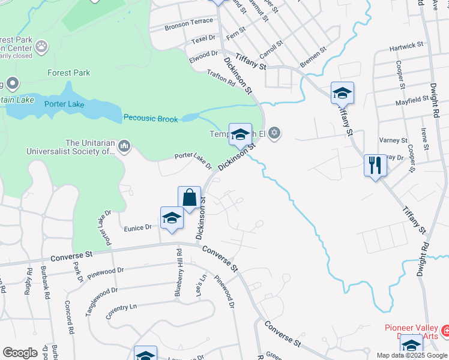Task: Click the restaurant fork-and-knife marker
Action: (375, 165)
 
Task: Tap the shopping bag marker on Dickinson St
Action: (189, 197)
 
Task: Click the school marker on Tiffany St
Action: (342, 92)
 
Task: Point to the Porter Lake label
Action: (64, 104)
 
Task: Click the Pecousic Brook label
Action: (151, 119)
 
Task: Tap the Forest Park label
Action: (69, 73)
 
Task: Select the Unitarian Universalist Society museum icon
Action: (125, 146)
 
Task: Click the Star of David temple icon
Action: (274, 133)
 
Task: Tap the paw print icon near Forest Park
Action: (41, 46)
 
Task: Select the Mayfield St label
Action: (410, 102)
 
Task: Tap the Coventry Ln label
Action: (121, 311)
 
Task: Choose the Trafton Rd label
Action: (221, 79)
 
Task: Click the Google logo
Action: (20, 353)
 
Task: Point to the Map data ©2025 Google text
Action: (412, 355)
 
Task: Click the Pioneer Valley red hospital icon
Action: (445, 330)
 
